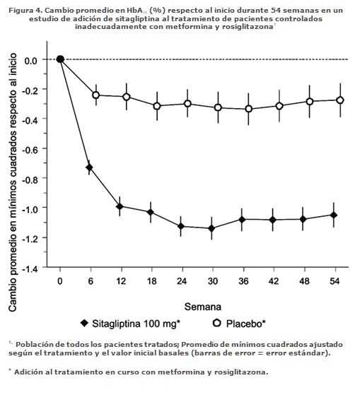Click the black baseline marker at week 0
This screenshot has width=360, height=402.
pyautogui.click(x=60, y=59)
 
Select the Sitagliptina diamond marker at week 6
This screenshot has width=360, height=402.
pyautogui.click(x=89, y=167)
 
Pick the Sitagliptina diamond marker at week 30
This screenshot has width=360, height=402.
pyautogui.click(x=211, y=228)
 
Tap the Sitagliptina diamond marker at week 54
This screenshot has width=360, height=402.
pyautogui.click(x=334, y=215)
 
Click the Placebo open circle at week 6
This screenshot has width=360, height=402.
pyautogui.click(x=95, y=95)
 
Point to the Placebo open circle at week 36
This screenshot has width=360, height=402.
pyautogui.click(x=248, y=109)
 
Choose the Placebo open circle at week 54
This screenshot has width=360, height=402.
pyautogui.click(x=340, y=100)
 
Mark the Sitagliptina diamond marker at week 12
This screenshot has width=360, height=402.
pyautogui.click(x=120, y=206)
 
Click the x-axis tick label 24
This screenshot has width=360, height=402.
pyautogui.click(x=182, y=281)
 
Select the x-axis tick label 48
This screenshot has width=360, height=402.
pyautogui.click(x=304, y=281)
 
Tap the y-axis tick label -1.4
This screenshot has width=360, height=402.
pyautogui.click(x=30, y=269)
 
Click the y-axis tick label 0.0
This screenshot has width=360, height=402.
pyautogui.click(x=31, y=61)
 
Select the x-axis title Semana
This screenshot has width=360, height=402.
pyautogui.click(x=203, y=307)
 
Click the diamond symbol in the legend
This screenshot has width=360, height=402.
pyautogui.click(x=84, y=323)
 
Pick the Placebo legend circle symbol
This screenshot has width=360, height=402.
pyautogui.click(x=217, y=323)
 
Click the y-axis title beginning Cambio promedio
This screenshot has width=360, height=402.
pyautogui.click(x=13, y=182)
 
